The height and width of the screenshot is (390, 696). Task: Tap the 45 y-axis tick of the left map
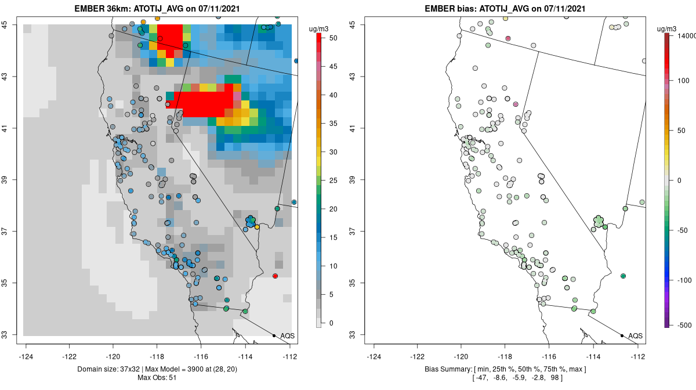12,24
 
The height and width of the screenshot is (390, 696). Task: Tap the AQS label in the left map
288,336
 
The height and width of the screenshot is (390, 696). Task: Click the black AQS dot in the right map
622,335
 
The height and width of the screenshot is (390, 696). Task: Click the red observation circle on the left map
275,276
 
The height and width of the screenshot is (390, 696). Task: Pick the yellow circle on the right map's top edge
506,19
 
